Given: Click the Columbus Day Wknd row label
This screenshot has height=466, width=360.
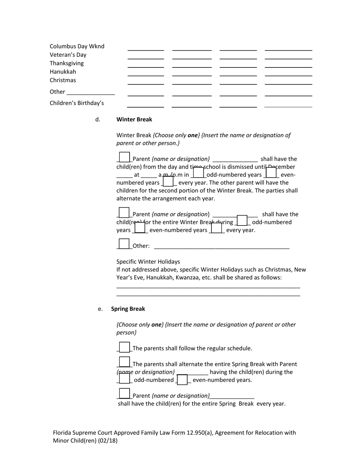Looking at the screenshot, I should [77, 46].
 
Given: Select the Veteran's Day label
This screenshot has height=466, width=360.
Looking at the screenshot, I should [68, 55].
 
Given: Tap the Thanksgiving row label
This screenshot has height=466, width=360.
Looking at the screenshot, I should [67, 63].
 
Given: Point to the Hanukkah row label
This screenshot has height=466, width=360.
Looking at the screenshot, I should [63, 72].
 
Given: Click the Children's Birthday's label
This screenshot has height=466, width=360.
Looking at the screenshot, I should [77, 103].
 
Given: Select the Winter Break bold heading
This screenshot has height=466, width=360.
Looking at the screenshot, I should [134, 119].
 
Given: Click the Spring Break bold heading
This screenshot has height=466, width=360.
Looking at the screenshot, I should [128, 309].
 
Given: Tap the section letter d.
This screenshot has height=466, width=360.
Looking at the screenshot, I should [98, 119].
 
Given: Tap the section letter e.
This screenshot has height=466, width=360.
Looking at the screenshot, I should [100, 309].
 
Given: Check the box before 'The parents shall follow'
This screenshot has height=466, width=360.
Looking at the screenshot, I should [124, 347].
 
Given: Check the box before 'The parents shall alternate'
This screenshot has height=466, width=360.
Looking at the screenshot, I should [124, 362].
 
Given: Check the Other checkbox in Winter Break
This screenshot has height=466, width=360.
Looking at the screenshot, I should [124, 244].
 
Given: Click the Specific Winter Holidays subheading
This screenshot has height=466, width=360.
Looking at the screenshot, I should [148, 262].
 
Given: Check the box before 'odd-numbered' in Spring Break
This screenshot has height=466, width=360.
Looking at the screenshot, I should [124, 378].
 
